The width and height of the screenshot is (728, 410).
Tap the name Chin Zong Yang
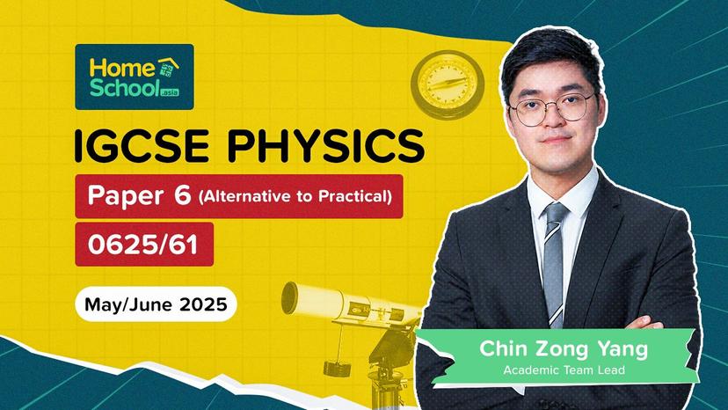click(x=563, y=348)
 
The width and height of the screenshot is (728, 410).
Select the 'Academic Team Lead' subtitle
click(x=564, y=370)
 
